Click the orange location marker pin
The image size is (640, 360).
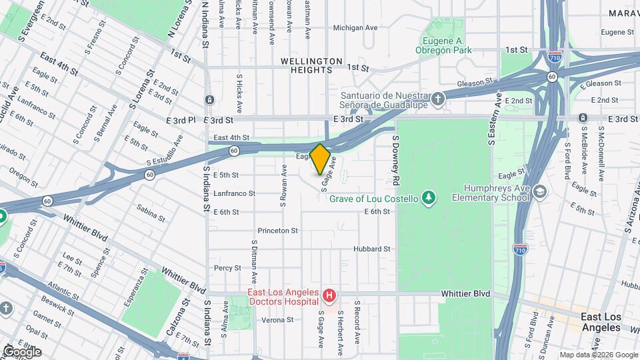pyautogui.click(x=320, y=159)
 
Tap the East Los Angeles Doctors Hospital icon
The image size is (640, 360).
pyautogui.click(x=328, y=295)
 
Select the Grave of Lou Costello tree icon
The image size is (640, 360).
pyautogui.click(x=429, y=198)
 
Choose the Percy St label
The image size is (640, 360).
pyautogui.click(x=227, y=268)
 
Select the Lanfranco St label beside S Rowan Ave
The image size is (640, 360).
pyautogui.click(x=234, y=193)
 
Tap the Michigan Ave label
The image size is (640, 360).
pyautogui.click(x=356, y=28)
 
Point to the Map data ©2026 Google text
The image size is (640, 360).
pyautogui.click(x=598, y=355)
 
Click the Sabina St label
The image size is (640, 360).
pyautogui.click(x=151, y=212)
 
